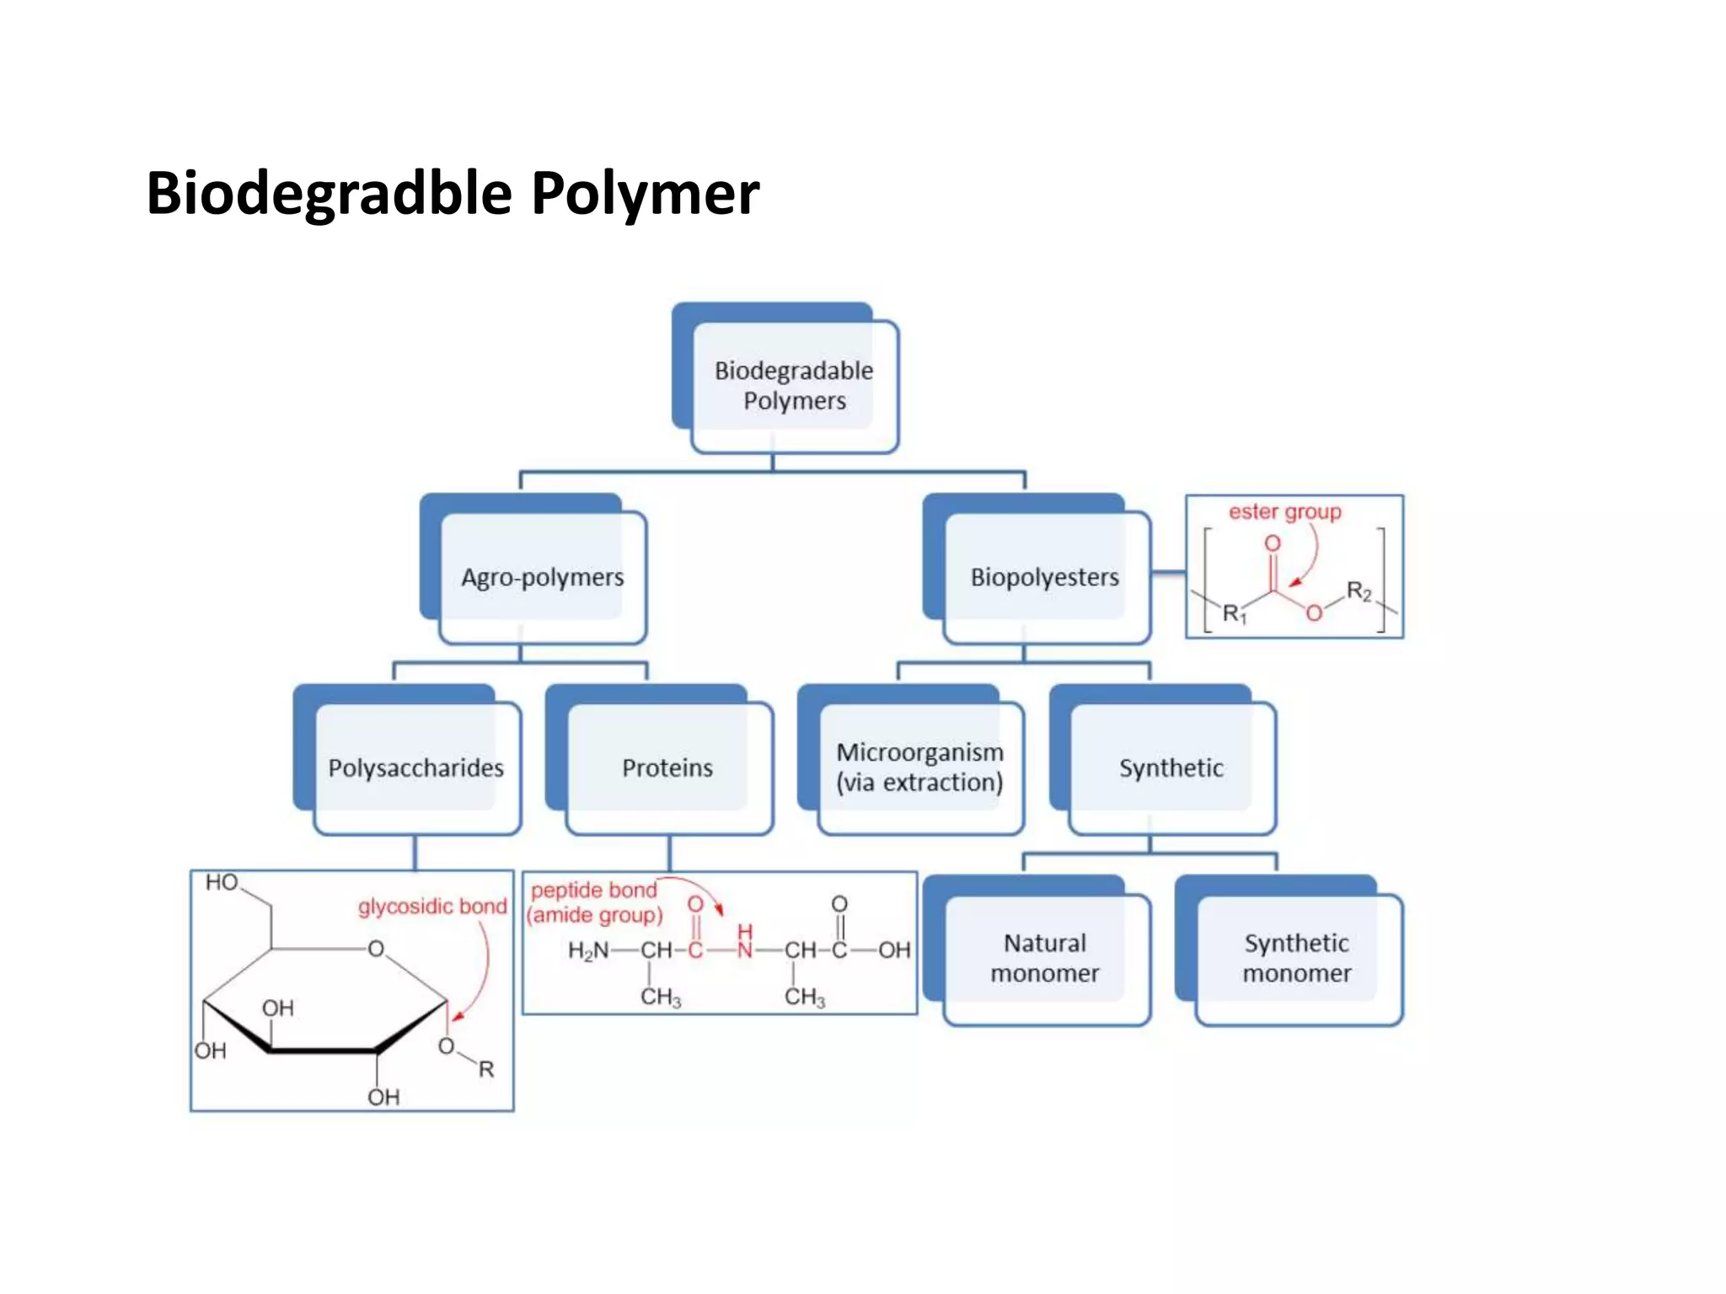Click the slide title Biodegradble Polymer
pos(453,193)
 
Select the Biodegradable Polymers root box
pos(794,386)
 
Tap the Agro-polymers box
pos(542,577)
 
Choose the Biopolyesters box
pos(1044,577)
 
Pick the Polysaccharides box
pos(415,767)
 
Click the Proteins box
pos(667,767)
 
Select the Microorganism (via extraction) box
pos(919,767)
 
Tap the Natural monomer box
pos(1044,958)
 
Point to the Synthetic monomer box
pos(1296,958)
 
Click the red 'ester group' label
pos(1284,511)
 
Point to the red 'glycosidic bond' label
pos(432,906)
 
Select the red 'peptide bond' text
pos(593,890)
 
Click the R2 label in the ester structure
pos(1359,591)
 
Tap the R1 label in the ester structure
pos(1234,613)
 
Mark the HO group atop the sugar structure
pos(222,882)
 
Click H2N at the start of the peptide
pos(587,951)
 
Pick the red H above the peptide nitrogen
pos(744,932)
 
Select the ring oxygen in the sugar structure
pos(376,949)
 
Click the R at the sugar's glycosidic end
pos(486,1069)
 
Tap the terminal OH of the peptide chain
pos(894,950)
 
